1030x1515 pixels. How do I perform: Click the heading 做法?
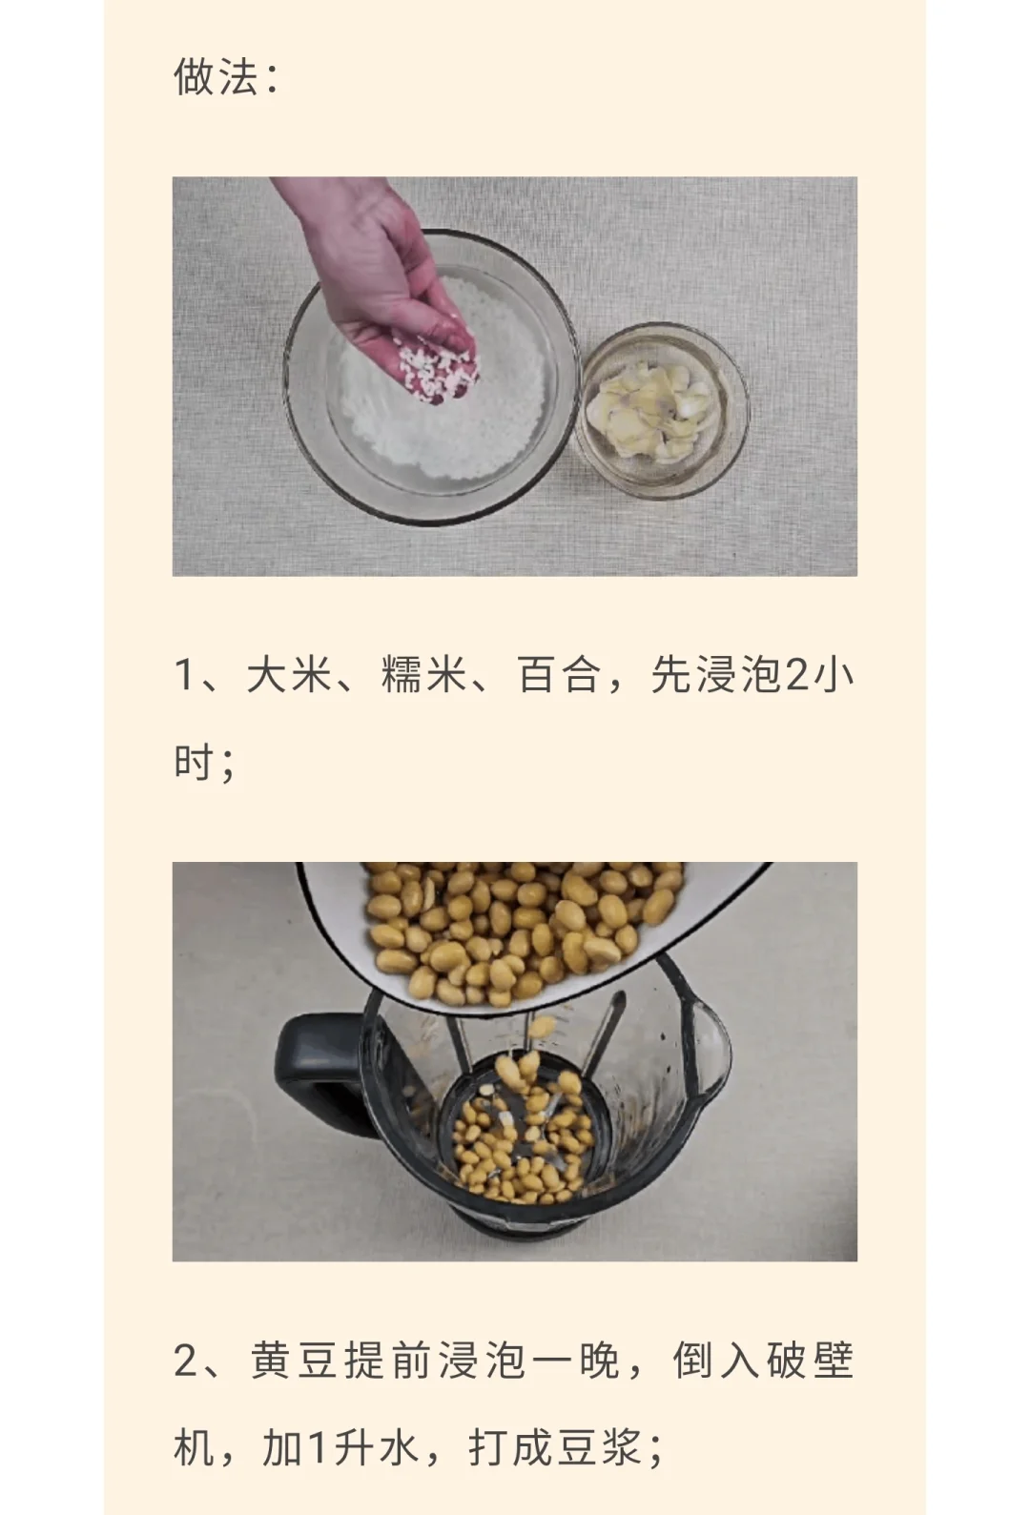(216, 75)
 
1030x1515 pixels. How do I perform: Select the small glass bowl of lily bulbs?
(664, 410)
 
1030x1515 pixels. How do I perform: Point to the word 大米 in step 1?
(289, 674)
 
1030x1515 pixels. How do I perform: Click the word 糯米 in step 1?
(424, 674)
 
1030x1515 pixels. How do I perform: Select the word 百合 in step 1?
(560, 674)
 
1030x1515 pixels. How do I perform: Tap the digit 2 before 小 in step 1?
(797, 675)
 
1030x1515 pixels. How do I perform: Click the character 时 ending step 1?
(195, 762)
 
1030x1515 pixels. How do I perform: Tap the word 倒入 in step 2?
(716, 1361)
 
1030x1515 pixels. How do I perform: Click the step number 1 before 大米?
(183, 675)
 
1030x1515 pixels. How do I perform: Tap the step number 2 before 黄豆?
(186, 1361)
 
